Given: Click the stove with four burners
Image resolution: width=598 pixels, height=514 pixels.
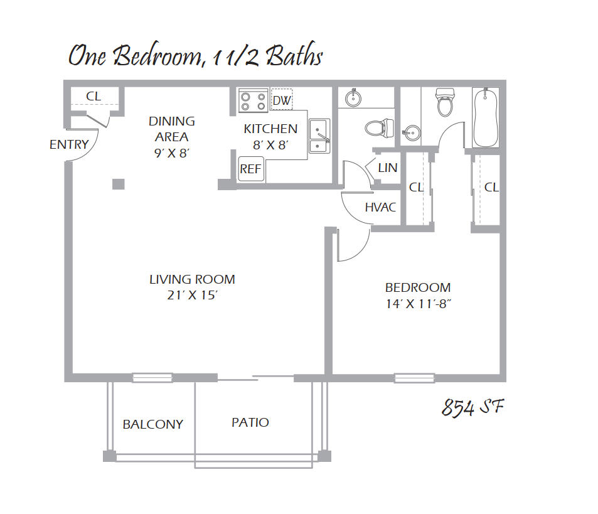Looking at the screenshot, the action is coord(254,100).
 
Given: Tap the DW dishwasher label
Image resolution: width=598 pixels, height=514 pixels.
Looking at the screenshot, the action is coord(282,100).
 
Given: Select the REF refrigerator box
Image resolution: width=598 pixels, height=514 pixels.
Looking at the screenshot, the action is coord(251,169).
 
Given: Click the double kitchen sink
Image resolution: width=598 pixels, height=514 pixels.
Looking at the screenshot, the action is coord(319,136).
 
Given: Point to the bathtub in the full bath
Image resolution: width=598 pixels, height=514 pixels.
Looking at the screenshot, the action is coord(486,117).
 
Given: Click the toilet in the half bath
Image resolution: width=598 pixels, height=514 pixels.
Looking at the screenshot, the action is coord(380,128).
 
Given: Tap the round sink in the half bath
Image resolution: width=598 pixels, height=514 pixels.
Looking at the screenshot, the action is coord(353,99).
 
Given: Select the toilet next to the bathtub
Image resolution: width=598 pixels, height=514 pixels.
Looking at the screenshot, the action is coord(445,102).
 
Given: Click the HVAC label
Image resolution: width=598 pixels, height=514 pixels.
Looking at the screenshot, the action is coord(380,207).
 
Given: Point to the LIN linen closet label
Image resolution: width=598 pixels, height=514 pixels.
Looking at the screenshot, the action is coord(388,168).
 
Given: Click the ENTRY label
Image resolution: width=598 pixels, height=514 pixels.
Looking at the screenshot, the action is coord(69,144).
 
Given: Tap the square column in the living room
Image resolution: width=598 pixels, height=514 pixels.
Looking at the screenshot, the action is coord(119,184).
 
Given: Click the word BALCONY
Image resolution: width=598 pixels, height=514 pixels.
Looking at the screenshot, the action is coord(153,424).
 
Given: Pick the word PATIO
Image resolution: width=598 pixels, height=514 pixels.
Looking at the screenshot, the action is coord(250,422).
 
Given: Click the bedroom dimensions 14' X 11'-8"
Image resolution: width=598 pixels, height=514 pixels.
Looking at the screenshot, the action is coord(419,304).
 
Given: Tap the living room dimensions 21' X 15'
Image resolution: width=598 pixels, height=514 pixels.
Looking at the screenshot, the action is coord(192,296).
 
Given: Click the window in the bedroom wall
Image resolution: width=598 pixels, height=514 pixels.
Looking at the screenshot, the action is coord(415,378).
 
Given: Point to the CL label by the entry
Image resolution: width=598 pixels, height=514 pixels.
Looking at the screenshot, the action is coord(93,96).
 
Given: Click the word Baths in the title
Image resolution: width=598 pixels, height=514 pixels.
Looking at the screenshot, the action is coord(294,56).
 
